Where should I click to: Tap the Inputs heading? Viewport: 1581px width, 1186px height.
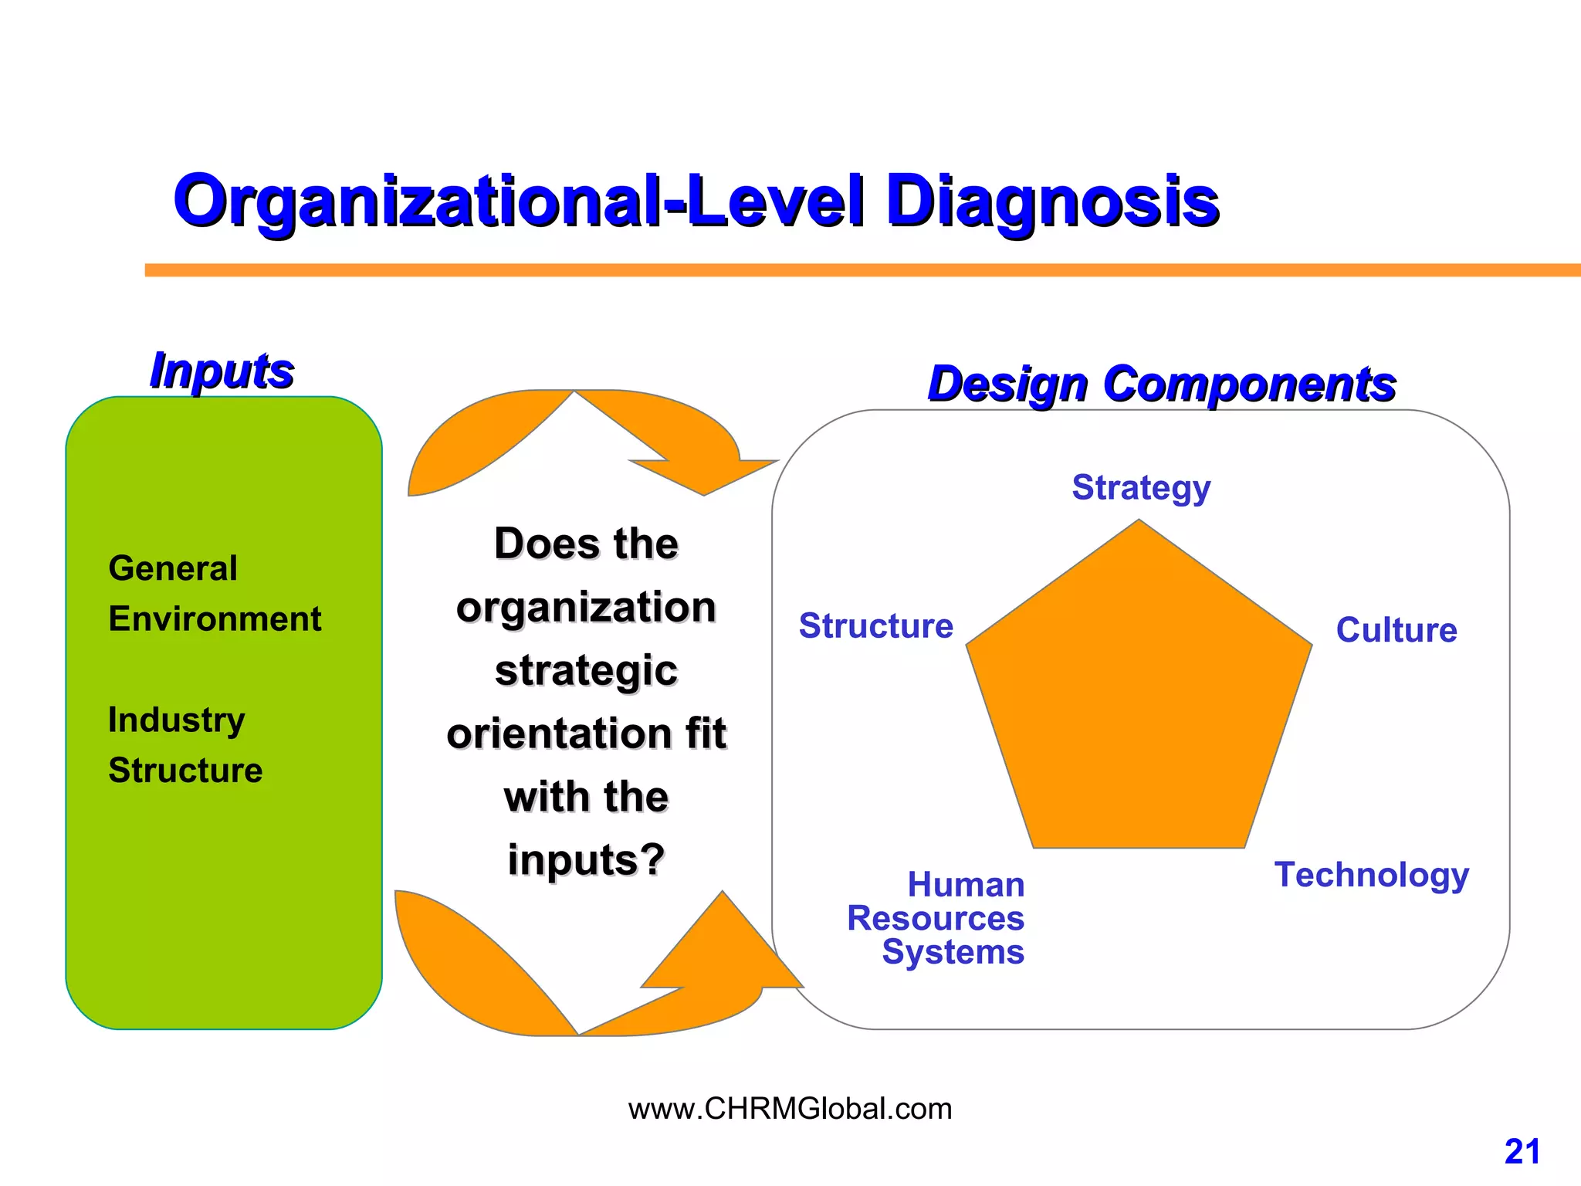(x=222, y=371)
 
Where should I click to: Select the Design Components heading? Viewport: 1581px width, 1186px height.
(x=1161, y=384)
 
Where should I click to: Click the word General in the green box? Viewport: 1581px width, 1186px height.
(x=173, y=568)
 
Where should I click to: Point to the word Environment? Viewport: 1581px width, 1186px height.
(x=215, y=619)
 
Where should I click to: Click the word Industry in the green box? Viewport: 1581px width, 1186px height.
(x=176, y=720)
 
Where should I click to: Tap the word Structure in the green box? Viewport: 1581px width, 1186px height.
(x=185, y=771)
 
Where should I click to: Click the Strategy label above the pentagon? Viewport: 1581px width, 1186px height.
(x=1141, y=488)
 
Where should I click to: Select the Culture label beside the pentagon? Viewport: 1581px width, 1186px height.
(x=1396, y=630)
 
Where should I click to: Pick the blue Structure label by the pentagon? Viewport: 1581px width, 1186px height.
(x=876, y=626)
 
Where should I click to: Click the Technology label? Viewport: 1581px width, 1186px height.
(x=1371, y=875)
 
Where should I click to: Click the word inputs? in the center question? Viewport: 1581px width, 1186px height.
(x=586, y=859)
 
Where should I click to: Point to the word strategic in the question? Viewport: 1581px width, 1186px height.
(x=586, y=669)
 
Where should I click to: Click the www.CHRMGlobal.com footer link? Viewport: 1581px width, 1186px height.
(x=790, y=1109)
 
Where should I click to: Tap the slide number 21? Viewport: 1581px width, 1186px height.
(x=1522, y=1152)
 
